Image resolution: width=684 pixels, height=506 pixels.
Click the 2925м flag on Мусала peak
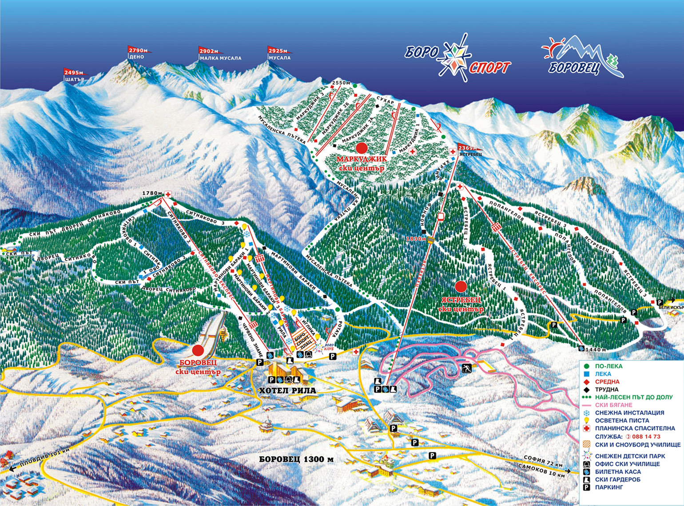pyautogui.click(x=278, y=51)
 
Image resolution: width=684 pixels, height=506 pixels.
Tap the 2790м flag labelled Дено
pyautogui.click(x=138, y=51)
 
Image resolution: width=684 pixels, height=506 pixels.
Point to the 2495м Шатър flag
pyautogui.click(x=74, y=73)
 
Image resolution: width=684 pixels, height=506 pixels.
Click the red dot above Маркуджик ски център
pyautogui.click(x=362, y=148)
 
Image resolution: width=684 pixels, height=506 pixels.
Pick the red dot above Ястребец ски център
pyautogui.click(x=461, y=286)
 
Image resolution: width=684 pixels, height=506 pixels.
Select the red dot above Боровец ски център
pyautogui.click(x=198, y=351)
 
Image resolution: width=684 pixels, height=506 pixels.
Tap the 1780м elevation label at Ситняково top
pyautogui.click(x=152, y=194)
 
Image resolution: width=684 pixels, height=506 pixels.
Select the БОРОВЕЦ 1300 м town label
pyautogui.click(x=296, y=459)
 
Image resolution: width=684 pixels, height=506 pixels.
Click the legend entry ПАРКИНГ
pyautogui.click(x=609, y=487)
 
